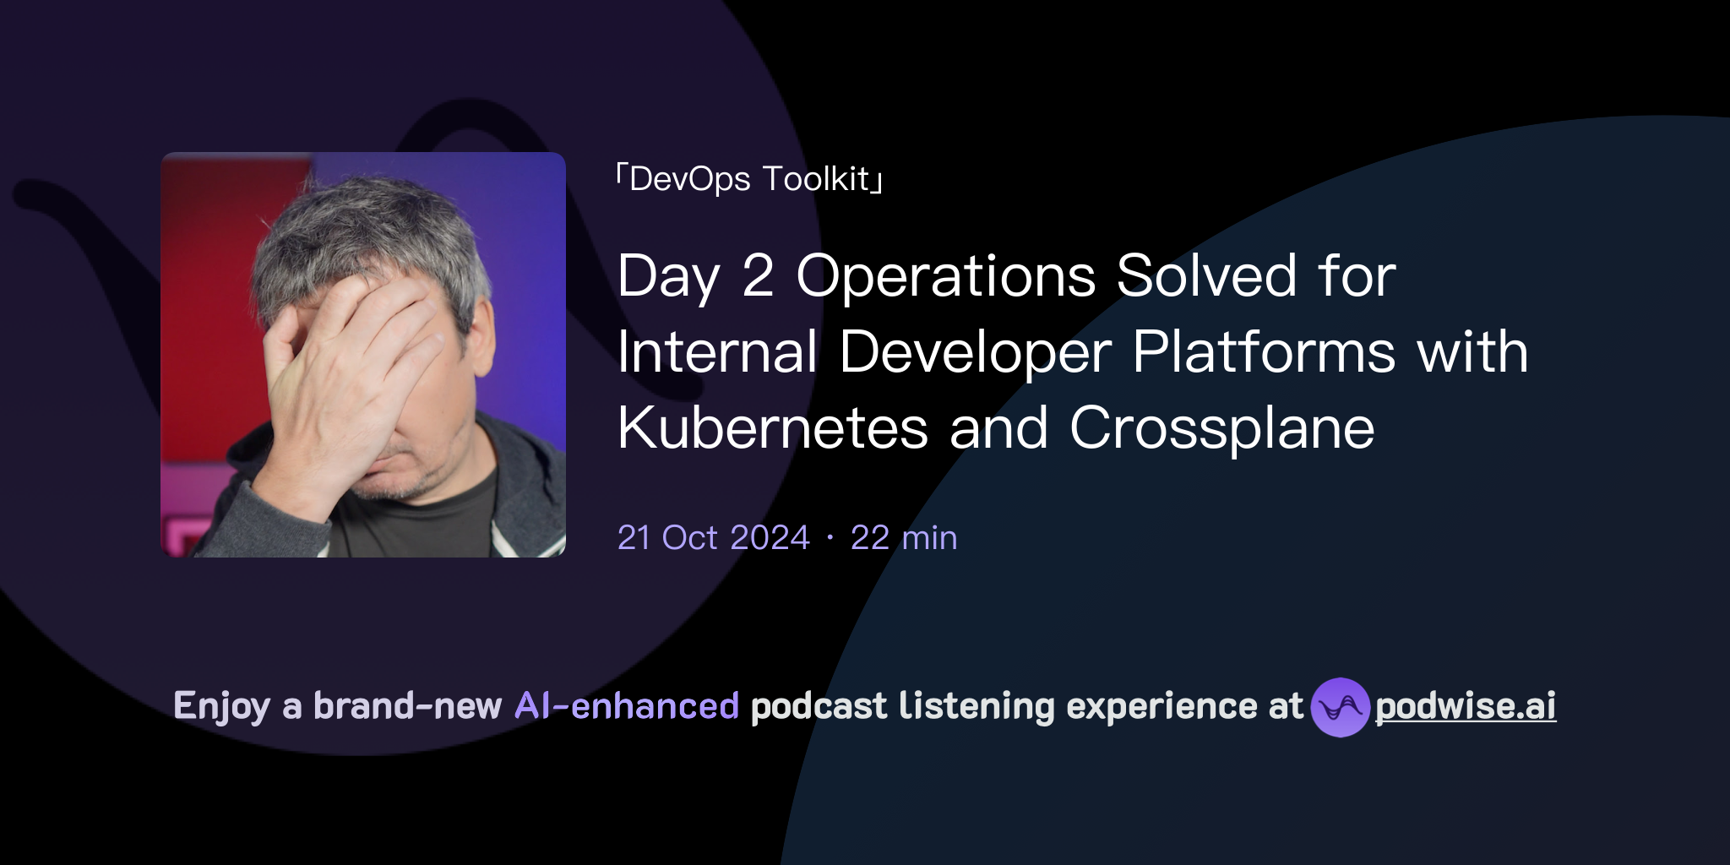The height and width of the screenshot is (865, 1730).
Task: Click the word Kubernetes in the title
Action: pos(772,428)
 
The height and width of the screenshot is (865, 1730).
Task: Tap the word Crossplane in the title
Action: pos(1221,428)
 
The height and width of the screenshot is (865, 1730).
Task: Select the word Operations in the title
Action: pos(945,276)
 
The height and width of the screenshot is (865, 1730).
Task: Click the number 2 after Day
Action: pos(758,276)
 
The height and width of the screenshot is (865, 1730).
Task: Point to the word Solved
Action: pos(1206,276)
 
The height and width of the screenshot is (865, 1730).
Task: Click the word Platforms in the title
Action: pos(1264,352)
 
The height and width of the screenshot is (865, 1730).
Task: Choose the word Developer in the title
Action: pos(975,352)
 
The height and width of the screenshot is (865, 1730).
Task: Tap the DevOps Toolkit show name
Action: pos(749,179)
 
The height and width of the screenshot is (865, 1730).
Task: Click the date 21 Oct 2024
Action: pos(713,538)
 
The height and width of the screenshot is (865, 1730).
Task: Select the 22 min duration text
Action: pos(904,538)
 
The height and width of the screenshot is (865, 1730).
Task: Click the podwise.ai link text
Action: pos(1466,706)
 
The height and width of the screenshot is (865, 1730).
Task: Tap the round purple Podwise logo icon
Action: pos(1340,707)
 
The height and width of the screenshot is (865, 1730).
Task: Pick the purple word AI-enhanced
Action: pos(627,706)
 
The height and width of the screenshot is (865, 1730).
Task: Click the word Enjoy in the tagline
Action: pos(221,706)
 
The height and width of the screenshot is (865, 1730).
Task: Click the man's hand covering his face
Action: pos(355,355)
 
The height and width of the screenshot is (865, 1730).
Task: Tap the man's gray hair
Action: pos(363,228)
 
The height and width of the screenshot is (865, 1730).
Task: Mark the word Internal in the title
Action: pos(717,352)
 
